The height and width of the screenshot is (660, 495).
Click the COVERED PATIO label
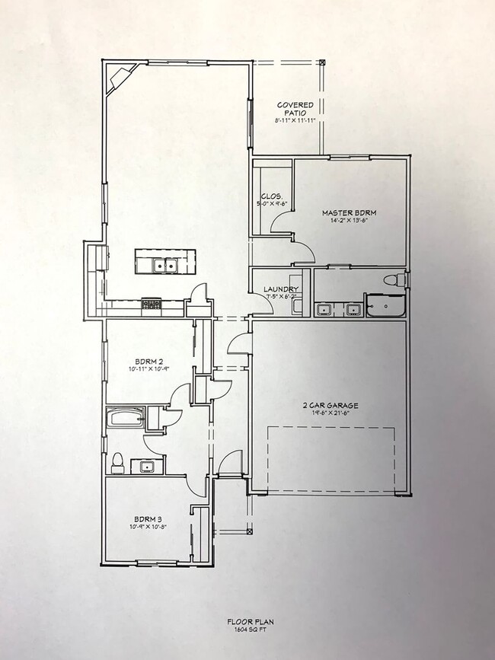click(295, 109)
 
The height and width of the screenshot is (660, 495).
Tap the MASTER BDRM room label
click(349, 212)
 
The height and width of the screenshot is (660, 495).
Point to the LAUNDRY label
click(279, 289)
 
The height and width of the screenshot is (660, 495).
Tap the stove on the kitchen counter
click(152, 304)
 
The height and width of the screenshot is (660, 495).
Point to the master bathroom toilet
click(392, 280)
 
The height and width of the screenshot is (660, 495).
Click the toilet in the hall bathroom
click(117, 461)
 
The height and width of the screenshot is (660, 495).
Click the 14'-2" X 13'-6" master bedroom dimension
click(349, 222)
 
